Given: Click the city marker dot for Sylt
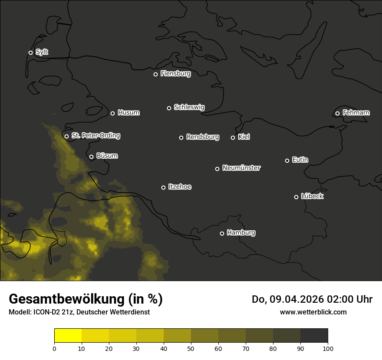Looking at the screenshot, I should click(30, 53).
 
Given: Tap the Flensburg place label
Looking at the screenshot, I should click(175, 74).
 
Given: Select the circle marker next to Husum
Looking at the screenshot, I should click(112, 113).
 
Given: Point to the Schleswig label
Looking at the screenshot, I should click(189, 107).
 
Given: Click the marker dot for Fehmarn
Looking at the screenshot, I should click(337, 114).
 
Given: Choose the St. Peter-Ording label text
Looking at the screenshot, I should click(95, 136).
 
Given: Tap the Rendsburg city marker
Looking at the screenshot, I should click(181, 137).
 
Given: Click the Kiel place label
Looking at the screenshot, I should click(244, 137).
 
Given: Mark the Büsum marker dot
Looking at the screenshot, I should click(91, 157).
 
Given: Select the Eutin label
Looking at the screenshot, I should click(300, 160).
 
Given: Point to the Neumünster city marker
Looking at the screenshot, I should click(217, 169).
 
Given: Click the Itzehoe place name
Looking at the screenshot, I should click(180, 187).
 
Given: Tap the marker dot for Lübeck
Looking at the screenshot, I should click(296, 197).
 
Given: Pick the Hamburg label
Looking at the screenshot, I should click(241, 233).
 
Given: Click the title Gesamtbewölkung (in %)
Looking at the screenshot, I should click(86, 299).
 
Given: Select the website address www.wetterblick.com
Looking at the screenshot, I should click(313, 312).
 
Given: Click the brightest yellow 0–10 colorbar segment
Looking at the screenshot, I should click(68, 336).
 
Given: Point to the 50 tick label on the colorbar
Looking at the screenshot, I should click(191, 348).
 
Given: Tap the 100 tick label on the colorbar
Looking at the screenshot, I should click(328, 348).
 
